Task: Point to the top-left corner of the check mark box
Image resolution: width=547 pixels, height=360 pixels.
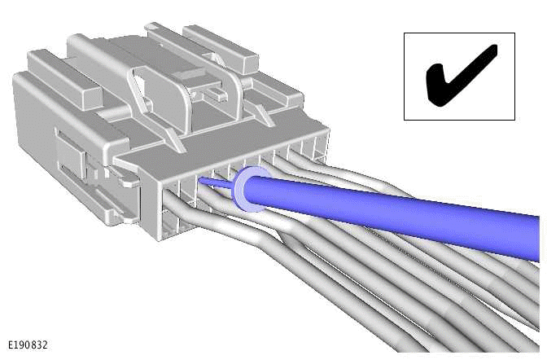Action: click(405, 33)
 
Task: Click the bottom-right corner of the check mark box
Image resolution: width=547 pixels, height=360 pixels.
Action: click(514, 120)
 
